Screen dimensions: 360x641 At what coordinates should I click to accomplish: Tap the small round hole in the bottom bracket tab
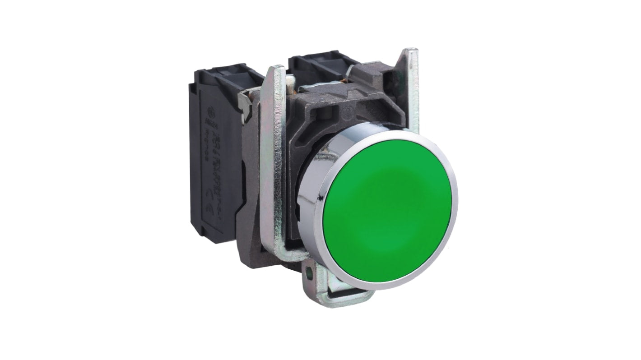310,272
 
